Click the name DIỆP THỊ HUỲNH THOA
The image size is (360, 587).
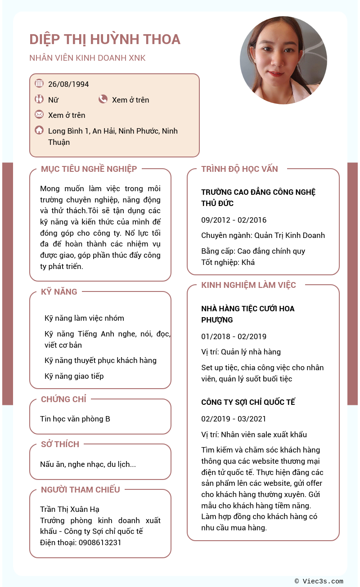[x=105, y=40]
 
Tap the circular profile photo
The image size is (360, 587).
[x=283, y=60]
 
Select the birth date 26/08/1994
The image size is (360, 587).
[x=68, y=84]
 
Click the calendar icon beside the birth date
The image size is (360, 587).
[x=39, y=83]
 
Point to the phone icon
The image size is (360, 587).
[x=103, y=99]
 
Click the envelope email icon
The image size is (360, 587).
[x=39, y=114]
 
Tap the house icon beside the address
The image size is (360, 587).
[x=39, y=130]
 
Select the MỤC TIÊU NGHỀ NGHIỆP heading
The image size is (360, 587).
[x=89, y=169]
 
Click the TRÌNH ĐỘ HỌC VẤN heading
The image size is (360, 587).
[x=239, y=169]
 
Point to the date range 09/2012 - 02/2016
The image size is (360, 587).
[x=234, y=220]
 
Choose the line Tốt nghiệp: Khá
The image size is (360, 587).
[x=228, y=262]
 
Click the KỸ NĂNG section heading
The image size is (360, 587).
[x=59, y=292]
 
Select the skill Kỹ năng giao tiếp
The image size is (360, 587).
[x=74, y=376]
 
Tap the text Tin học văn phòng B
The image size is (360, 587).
[x=75, y=419]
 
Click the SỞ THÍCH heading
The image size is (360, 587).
[x=60, y=444]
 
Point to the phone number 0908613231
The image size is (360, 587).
[x=100, y=542]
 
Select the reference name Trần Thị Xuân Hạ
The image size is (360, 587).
[x=70, y=509]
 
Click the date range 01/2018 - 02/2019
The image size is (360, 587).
[x=234, y=336]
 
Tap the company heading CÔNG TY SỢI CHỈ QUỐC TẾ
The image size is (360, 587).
[x=248, y=402]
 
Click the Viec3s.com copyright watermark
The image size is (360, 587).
[x=319, y=581]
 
